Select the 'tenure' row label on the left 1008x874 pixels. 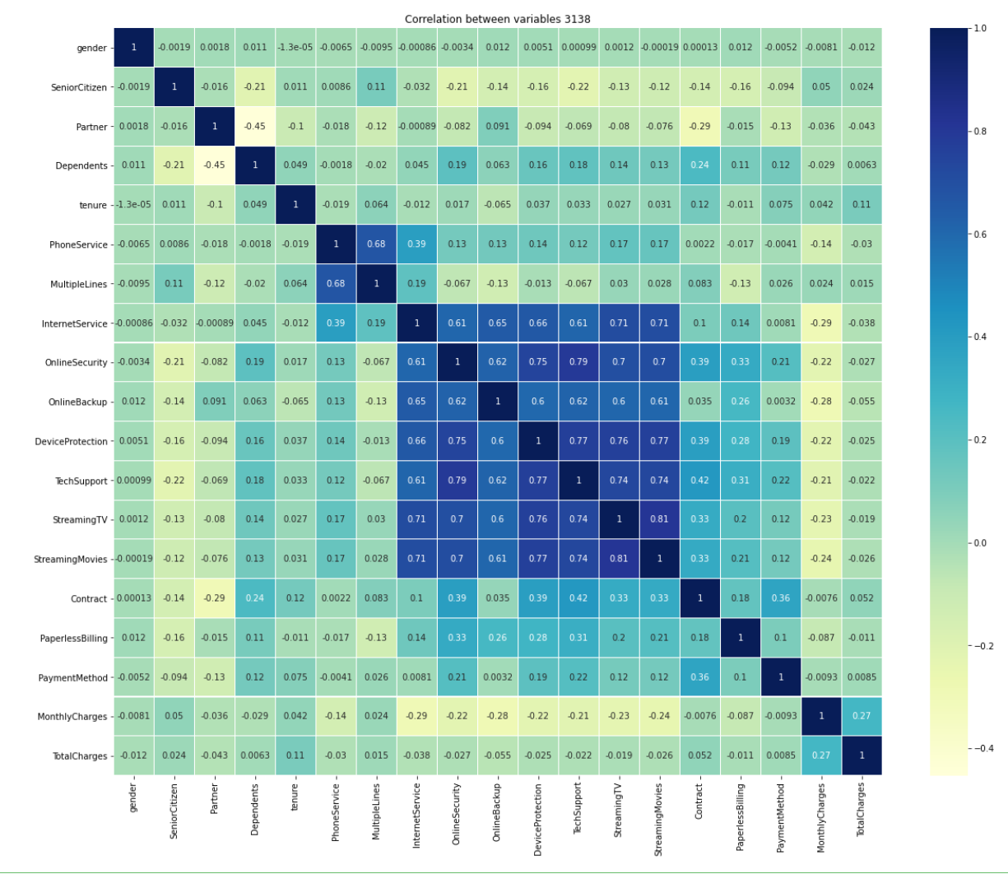point(92,205)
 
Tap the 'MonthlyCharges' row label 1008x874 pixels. point(72,717)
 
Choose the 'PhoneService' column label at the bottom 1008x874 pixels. point(336,811)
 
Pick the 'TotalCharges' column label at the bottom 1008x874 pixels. point(861,810)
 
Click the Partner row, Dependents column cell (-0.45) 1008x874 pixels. point(254,127)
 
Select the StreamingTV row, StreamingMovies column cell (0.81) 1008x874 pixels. point(658,519)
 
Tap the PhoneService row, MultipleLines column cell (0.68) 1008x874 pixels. point(376,244)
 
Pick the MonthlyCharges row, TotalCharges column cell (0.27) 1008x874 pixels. point(861,716)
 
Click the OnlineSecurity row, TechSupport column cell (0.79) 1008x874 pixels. point(578,362)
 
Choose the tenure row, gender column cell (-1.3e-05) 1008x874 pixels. point(133,205)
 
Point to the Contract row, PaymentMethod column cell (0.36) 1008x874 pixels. point(780,598)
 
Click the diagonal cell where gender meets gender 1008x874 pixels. point(133,48)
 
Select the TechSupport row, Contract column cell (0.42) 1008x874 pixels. point(699,481)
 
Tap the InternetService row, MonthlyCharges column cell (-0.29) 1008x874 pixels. point(820,323)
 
